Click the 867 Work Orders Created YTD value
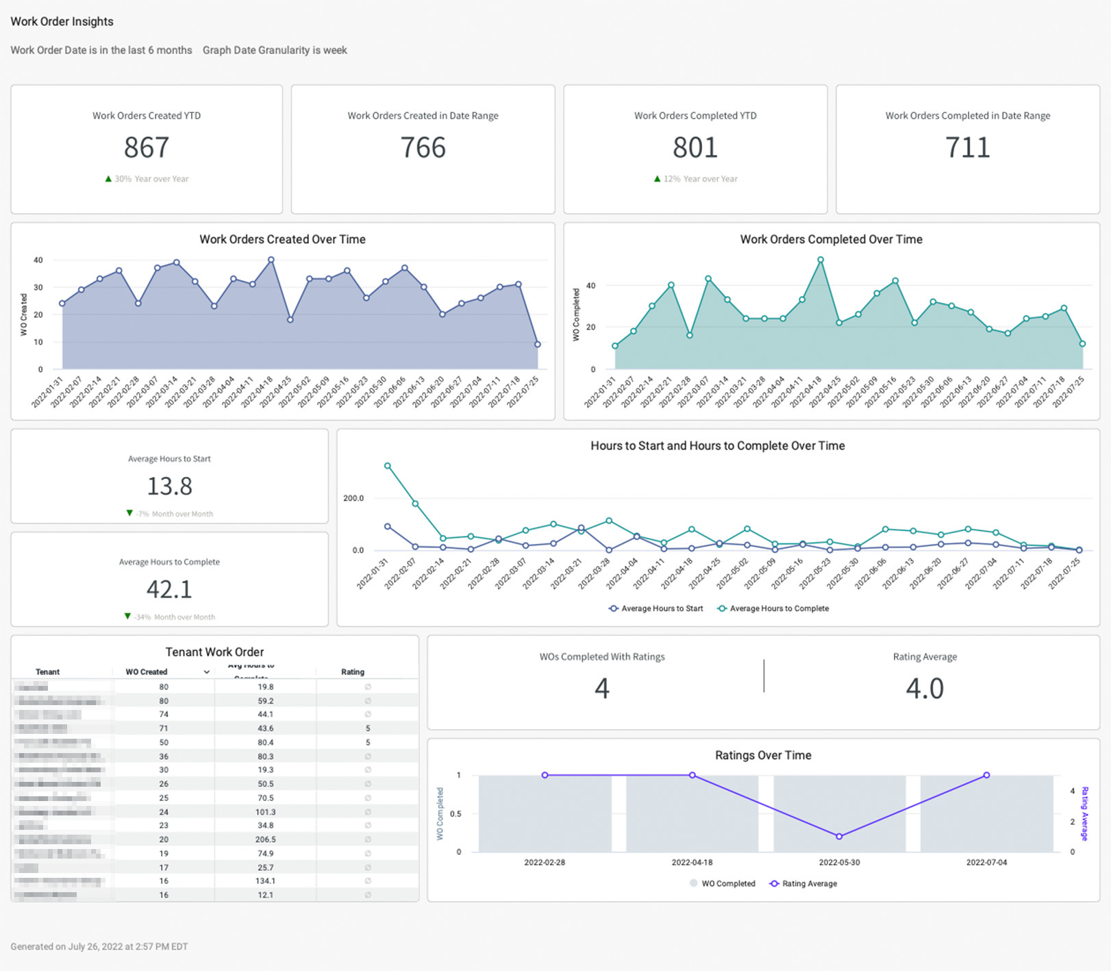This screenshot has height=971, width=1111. click(x=147, y=147)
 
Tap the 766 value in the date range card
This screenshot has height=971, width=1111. click(x=423, y=147)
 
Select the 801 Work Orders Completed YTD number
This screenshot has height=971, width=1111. click(x=695, y=147)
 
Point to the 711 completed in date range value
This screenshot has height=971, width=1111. click(x=967, y=147)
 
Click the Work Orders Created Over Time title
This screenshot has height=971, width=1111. click(x=282, y=239)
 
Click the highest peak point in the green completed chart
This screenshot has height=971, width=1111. click(x=821, y=260)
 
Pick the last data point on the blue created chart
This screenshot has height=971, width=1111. click(x=538, y=345)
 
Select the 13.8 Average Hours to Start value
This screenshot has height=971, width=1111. click(x=169, y=486)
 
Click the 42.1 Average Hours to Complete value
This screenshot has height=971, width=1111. click(x=169, y=589)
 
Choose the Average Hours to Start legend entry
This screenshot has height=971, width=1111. click(x=656, y=609)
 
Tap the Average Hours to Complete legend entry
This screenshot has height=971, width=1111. click(x=773, y=609)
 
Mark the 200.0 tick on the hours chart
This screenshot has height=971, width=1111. click(x=353, y=498)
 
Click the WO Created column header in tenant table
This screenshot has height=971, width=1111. click(x=147, y=672)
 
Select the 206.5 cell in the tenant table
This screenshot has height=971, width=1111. click(x=265, y=839)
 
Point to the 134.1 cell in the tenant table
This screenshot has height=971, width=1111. click(x=265, y=881)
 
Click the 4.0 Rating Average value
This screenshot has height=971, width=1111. click(x=925, y=688)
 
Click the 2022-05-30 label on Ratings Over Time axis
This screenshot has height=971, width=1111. click(x=839, y=863)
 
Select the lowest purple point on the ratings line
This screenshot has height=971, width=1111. click(x=839, y=837)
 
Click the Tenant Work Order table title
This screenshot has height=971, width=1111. click(x=214, y=652)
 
